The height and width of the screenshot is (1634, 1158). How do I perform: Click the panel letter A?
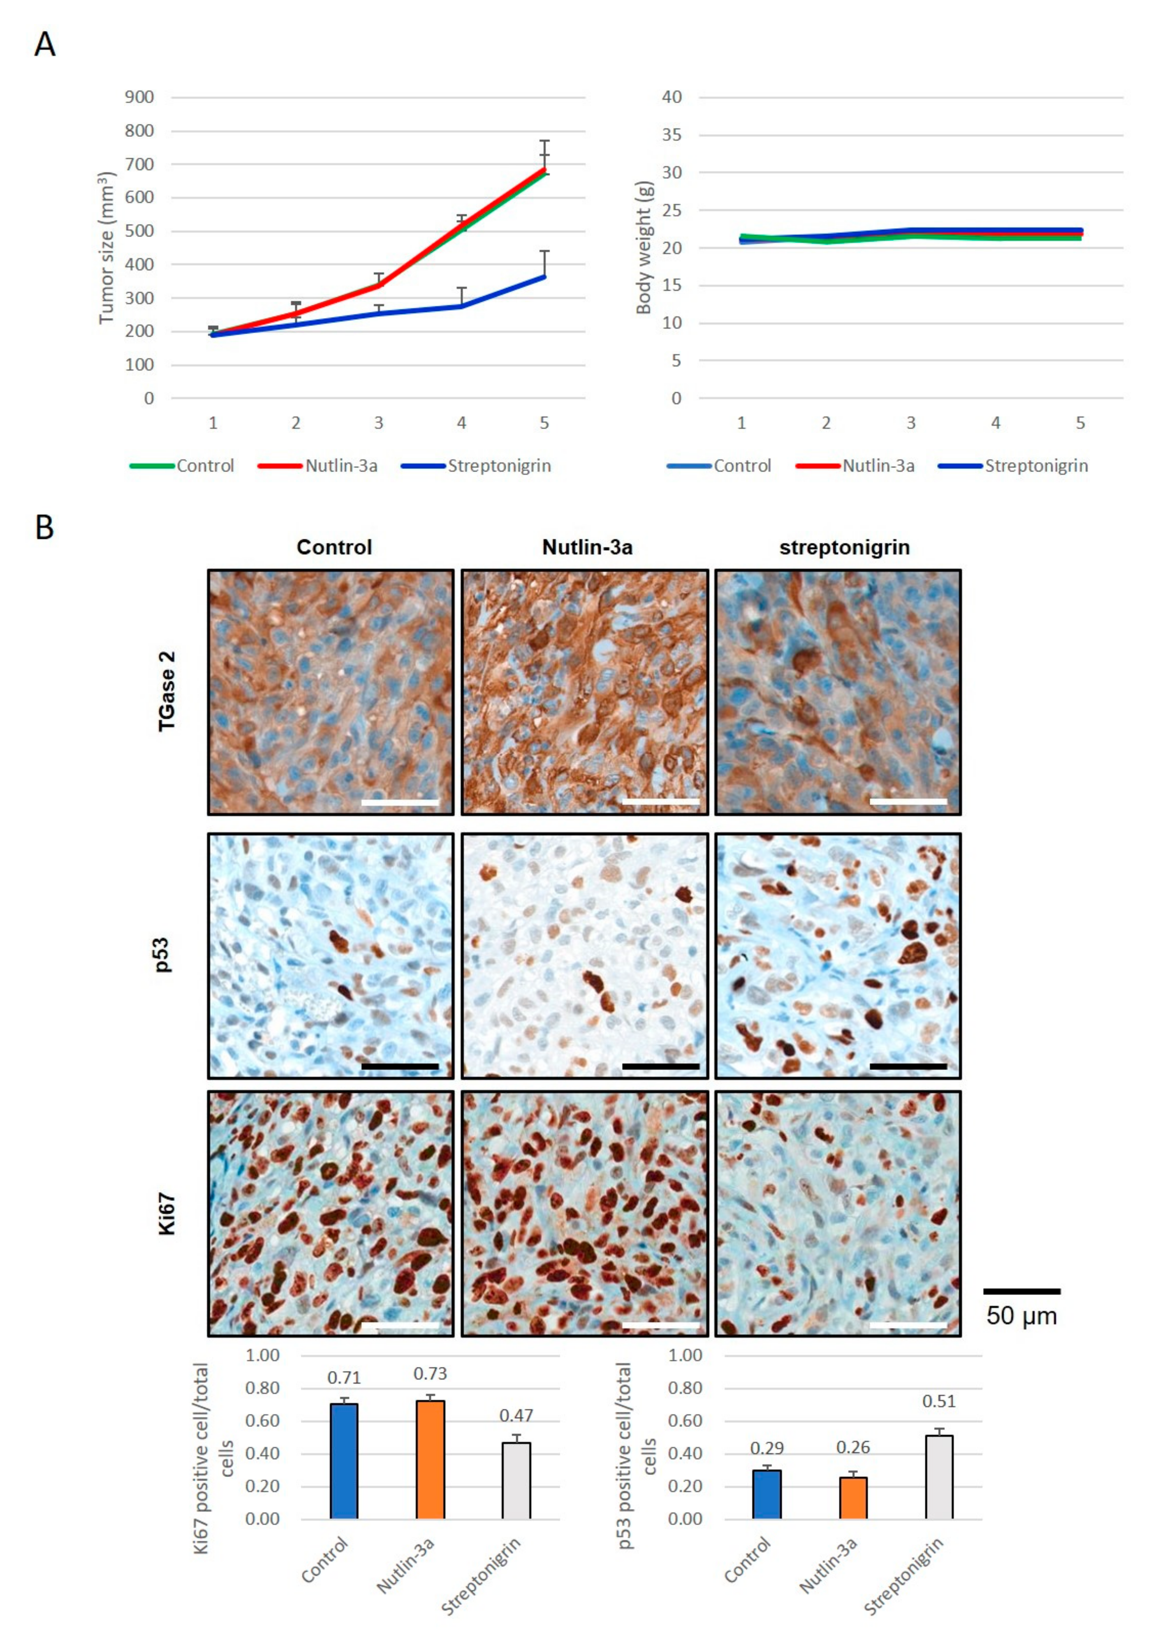(x=44, y=45)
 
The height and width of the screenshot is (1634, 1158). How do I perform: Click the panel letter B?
(x=44, y=528)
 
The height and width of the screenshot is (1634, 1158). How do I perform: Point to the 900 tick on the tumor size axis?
(x=139, y=97)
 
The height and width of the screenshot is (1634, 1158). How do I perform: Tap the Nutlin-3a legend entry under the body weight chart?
(x=878, y=466)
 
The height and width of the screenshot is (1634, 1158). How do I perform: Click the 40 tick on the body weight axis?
(x=672, y=97)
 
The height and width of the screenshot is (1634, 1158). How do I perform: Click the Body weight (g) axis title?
(x=644, y=247)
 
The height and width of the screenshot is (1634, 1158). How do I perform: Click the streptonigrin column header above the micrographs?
(x=844, y=547)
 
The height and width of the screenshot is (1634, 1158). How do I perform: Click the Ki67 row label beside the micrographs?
(x=166, y=1214)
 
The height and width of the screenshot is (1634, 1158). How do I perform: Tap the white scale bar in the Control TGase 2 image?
(x=400, y=802)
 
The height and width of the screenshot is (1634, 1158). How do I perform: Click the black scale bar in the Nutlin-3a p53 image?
(x=660, y=1066)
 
